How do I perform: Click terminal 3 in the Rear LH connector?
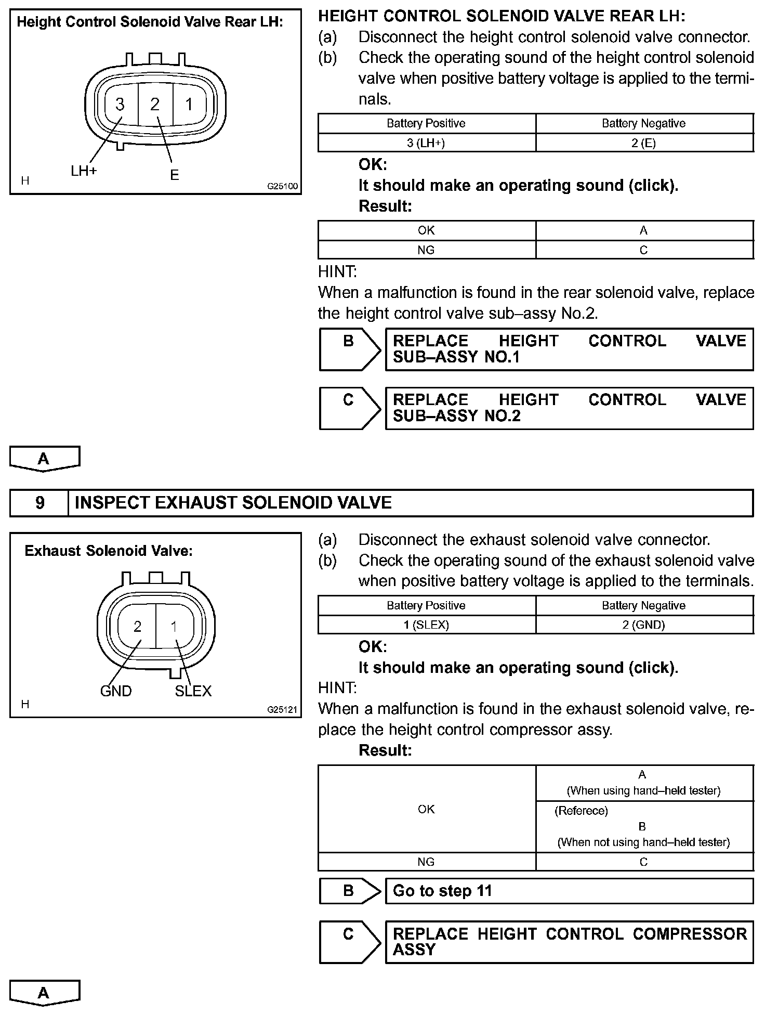point(120,105)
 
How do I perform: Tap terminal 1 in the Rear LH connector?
point(189,105)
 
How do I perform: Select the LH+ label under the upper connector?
point(84,171)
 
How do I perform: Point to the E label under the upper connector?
point(175,175)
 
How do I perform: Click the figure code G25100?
point(283,186)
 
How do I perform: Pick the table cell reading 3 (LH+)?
point(426,143)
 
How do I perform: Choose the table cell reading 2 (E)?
point(644,143)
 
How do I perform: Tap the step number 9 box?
point(39,503)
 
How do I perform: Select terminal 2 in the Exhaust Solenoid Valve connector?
point(137,627)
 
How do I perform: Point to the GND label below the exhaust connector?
point(116,691)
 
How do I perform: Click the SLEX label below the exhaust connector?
point(193,691)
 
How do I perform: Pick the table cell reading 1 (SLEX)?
point(426,625)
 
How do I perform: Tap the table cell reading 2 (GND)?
point(644,625)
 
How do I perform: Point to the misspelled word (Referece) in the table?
point(581,811)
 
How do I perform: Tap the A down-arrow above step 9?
point(44,459)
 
